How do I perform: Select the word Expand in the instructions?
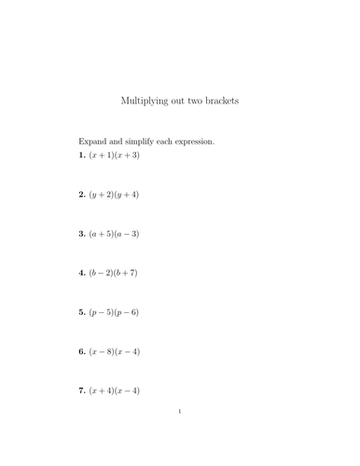tap(92, 142)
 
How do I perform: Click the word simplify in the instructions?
tap(142, 142)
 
